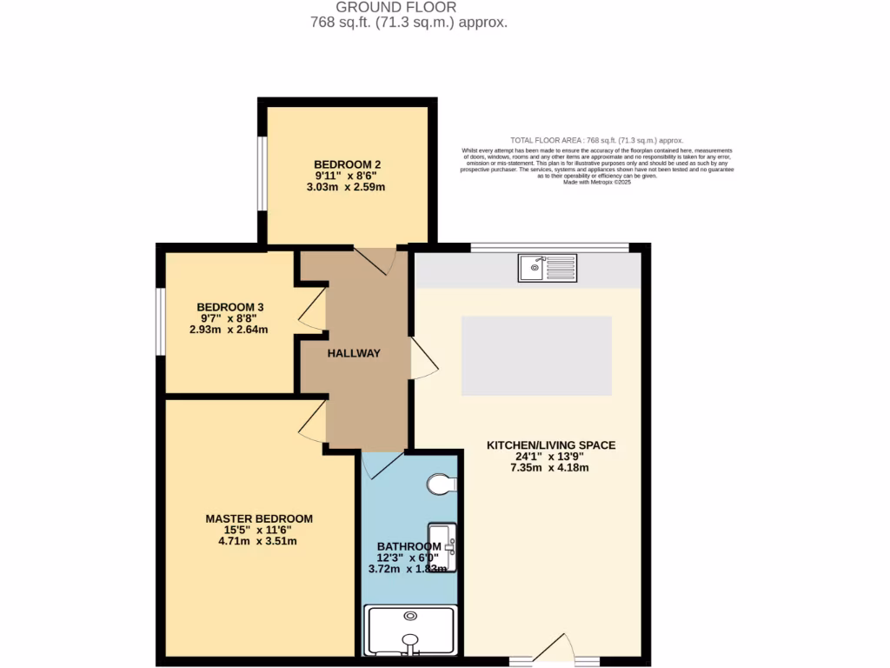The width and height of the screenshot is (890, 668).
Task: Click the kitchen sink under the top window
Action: [x=548, y=268]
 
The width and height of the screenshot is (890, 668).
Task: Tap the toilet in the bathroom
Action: [x=442, y=484]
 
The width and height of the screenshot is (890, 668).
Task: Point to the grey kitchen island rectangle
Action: [x=536, y=355]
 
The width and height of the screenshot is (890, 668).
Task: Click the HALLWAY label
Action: [x=354, y=353]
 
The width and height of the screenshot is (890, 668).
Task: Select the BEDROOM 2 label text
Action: [x=348, y=164]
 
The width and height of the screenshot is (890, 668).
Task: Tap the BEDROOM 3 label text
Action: [x=229, y=307]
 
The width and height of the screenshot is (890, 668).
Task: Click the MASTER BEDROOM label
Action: [x=259, y=518]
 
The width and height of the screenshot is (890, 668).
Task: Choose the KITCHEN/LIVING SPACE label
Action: [x=550, y=445]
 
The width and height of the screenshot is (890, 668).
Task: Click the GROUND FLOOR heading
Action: [x=408, y=8]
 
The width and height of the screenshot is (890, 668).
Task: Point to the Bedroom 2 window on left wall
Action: [x=261, y=172]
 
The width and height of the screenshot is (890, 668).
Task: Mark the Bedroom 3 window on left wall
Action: [x=160, y=322]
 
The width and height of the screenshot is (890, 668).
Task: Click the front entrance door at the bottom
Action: [x=554, y=651]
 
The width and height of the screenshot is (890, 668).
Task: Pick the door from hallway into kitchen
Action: [x=423, y=358]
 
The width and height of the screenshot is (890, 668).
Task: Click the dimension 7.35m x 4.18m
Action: [x=550, y=468]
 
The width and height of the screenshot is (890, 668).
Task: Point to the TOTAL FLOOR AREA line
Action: [x=596, y=140]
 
